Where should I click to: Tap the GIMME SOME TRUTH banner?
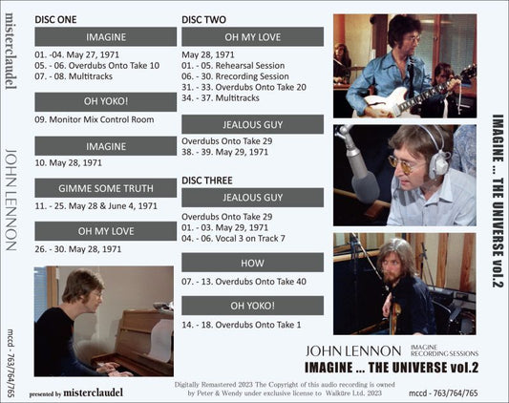[x=106, y=187]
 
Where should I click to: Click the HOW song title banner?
[x=252, y=262]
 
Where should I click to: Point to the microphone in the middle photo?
[x=359, y=162]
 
